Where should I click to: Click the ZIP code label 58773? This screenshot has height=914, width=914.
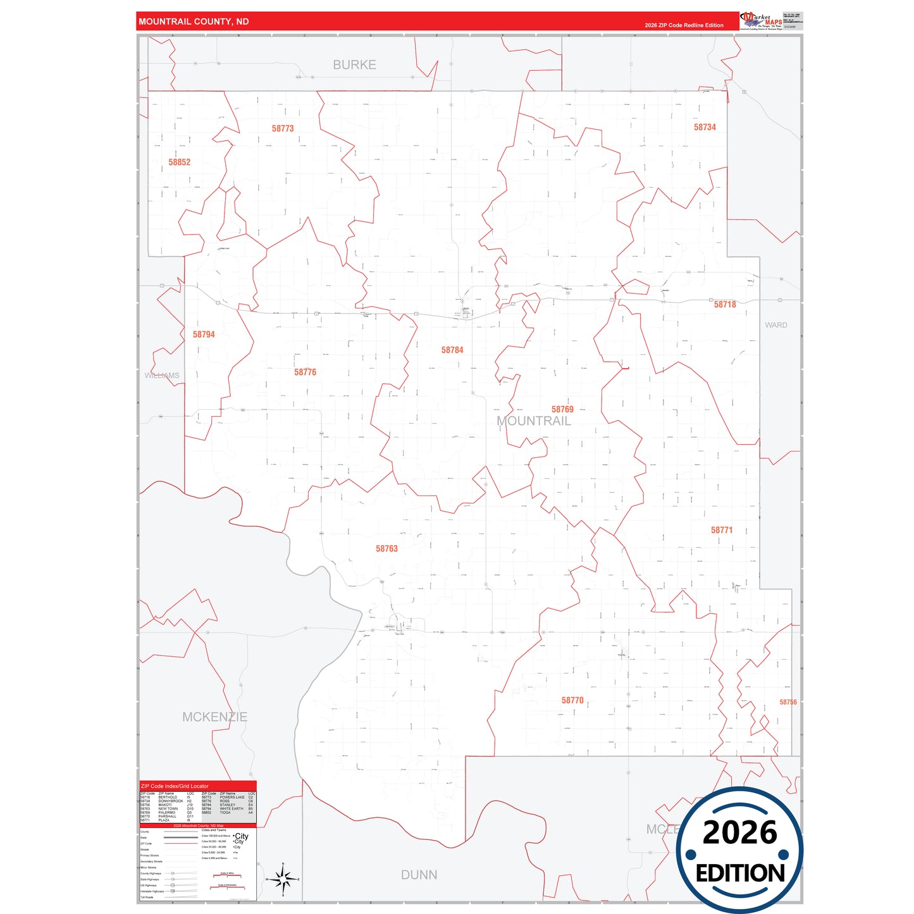coord(283,128)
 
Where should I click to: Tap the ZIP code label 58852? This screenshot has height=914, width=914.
coord(179,163)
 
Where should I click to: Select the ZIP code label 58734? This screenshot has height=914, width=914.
coord(705,127)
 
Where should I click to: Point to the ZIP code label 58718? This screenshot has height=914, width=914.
coord(725,304)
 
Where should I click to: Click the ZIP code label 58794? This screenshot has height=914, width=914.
coord(204,335)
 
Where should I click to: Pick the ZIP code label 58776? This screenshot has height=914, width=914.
coord(305,372)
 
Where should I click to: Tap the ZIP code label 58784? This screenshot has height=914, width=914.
coord(452,350)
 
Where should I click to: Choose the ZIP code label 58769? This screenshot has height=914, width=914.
coord(562,409)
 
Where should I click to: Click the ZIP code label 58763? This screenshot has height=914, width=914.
coord(386,548)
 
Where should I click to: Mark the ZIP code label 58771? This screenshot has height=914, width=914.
coord(722,530)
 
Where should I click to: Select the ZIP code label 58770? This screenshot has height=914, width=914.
coord(572,700)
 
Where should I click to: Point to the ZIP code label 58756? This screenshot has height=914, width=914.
coord(787,702)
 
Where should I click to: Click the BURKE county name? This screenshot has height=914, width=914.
coord(354,65)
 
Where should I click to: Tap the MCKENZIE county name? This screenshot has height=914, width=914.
coord(214,717)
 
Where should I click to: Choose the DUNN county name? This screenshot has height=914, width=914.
coord(419,874)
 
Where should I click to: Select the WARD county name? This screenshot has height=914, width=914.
coord(776,325)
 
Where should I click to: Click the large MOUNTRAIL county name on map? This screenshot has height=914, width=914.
coord(533,421)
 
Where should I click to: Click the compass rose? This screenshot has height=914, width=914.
coord(283,879)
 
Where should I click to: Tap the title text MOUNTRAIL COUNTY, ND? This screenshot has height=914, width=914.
coord(194,22)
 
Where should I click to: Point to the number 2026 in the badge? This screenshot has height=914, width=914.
coord(739,832)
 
